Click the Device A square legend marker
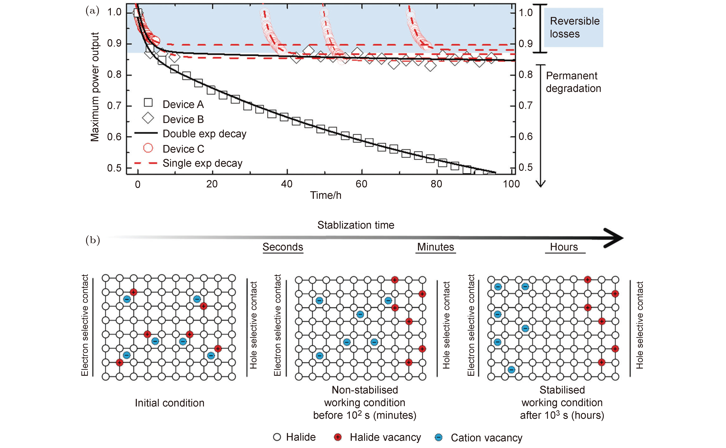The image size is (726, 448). [148, 103]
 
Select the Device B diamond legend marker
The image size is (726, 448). [148, 118]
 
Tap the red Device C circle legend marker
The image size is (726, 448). [148, 148]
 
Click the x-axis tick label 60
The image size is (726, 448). [362, 184]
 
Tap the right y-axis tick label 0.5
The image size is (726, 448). [526, 167]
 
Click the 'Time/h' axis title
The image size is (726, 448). [326, 195]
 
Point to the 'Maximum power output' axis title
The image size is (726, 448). [95, 87]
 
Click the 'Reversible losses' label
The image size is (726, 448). [575, 27]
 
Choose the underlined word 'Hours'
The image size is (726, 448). [564, 247]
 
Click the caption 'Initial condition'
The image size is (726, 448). [170, 403]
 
